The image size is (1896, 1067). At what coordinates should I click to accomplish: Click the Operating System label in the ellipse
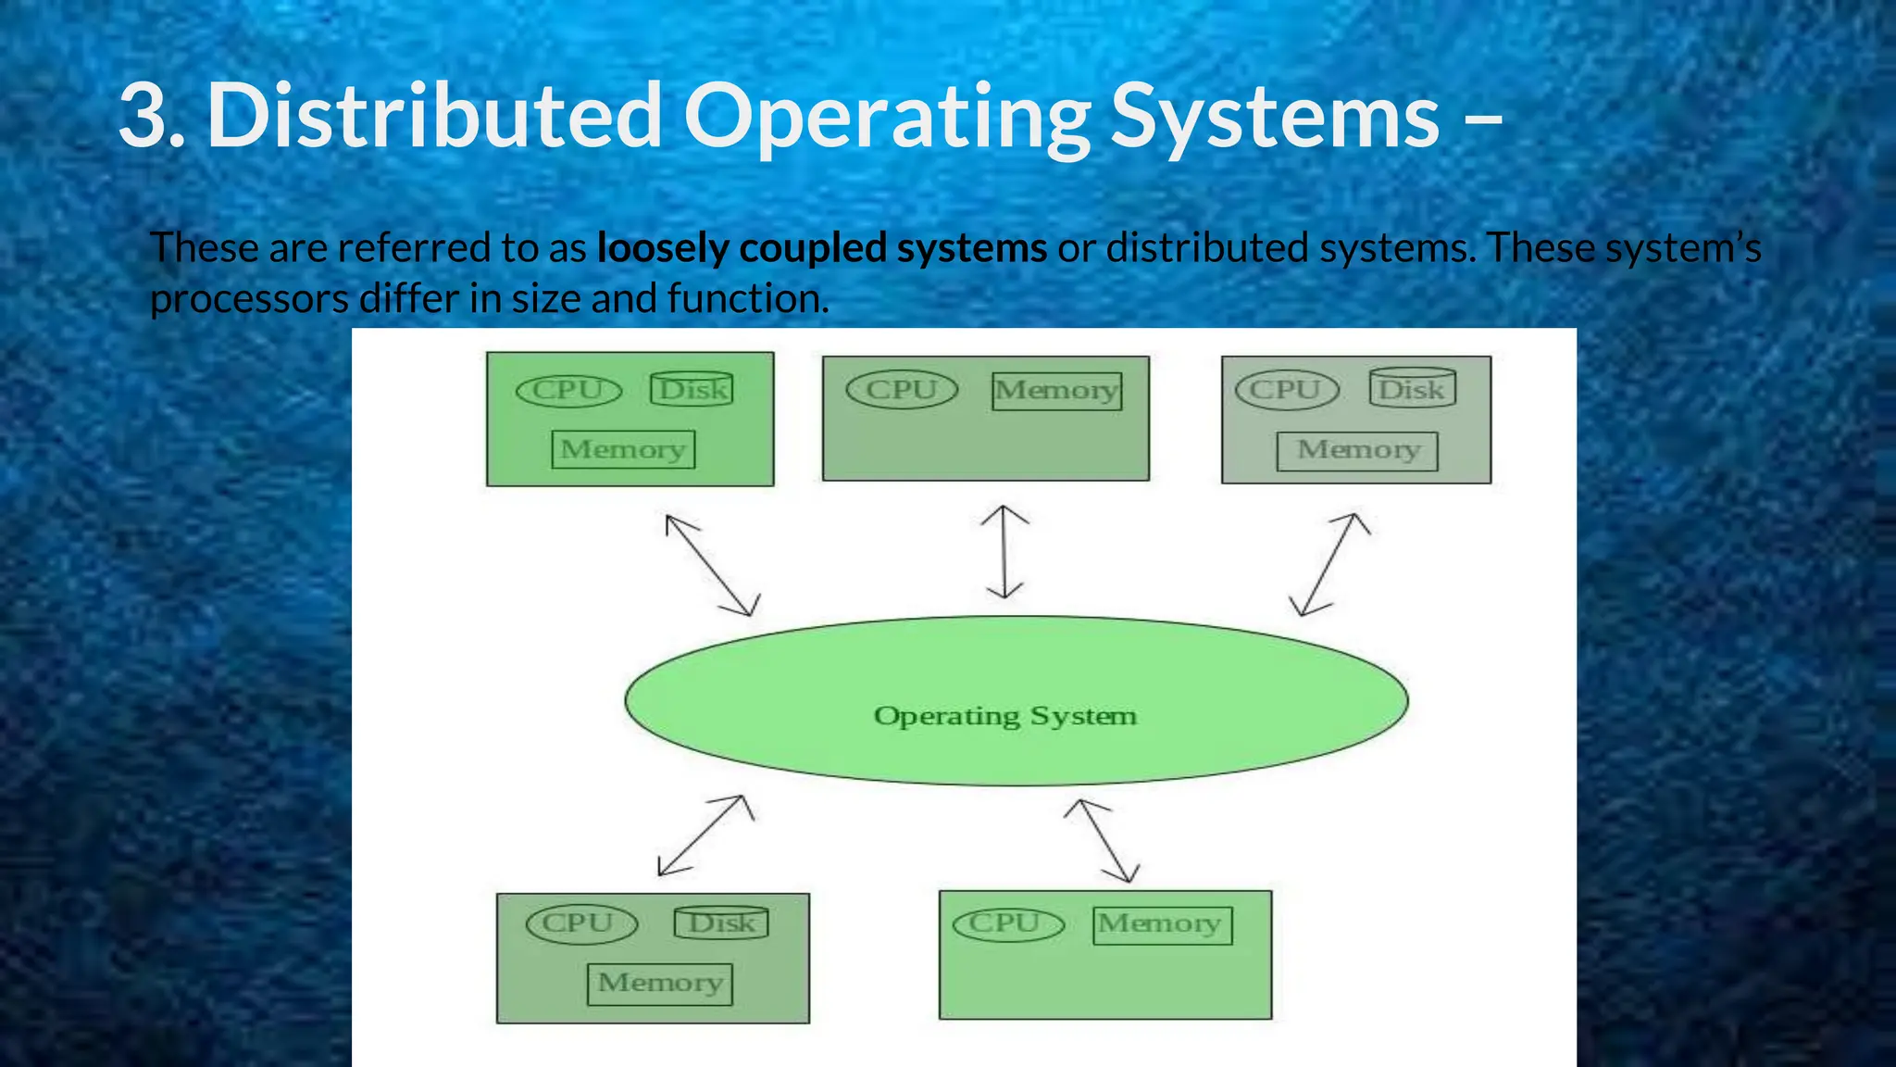click(1004, 716)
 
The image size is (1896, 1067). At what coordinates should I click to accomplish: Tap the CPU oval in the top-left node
click(568, 390)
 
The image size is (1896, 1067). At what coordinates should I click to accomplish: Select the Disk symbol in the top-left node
click(692, 389)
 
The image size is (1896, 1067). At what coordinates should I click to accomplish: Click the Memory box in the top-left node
click(623, 449)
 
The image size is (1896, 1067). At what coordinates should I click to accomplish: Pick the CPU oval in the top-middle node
click(902, 389)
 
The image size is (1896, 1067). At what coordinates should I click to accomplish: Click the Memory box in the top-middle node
click(1056, 391)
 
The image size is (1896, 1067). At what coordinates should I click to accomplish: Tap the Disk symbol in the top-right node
click(1412, 388)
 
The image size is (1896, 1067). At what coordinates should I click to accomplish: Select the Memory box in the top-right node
click(1357, 451)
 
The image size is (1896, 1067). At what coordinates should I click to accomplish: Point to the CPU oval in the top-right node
click(1287, 389)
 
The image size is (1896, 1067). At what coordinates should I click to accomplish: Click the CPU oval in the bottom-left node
click(581, 923)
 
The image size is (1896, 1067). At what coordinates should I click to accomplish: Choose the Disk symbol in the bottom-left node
click(721, 923)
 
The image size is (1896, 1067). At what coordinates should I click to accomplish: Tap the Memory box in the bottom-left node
click(659, 983)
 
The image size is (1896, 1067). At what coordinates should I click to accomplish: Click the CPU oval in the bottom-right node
click(1008, 923)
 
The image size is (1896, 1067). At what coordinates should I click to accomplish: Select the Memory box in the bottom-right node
click(1162, 924)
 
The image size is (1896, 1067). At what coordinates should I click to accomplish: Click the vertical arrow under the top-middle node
click(1004, 552)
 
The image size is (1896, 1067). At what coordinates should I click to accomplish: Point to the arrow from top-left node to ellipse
click(712, 565)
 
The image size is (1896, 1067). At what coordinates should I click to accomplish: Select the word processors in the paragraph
click(248, 298)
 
